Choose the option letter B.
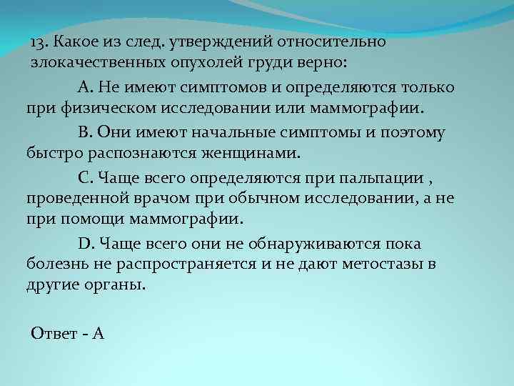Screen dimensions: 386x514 (84, 132)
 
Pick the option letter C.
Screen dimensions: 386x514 (84, 177)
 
